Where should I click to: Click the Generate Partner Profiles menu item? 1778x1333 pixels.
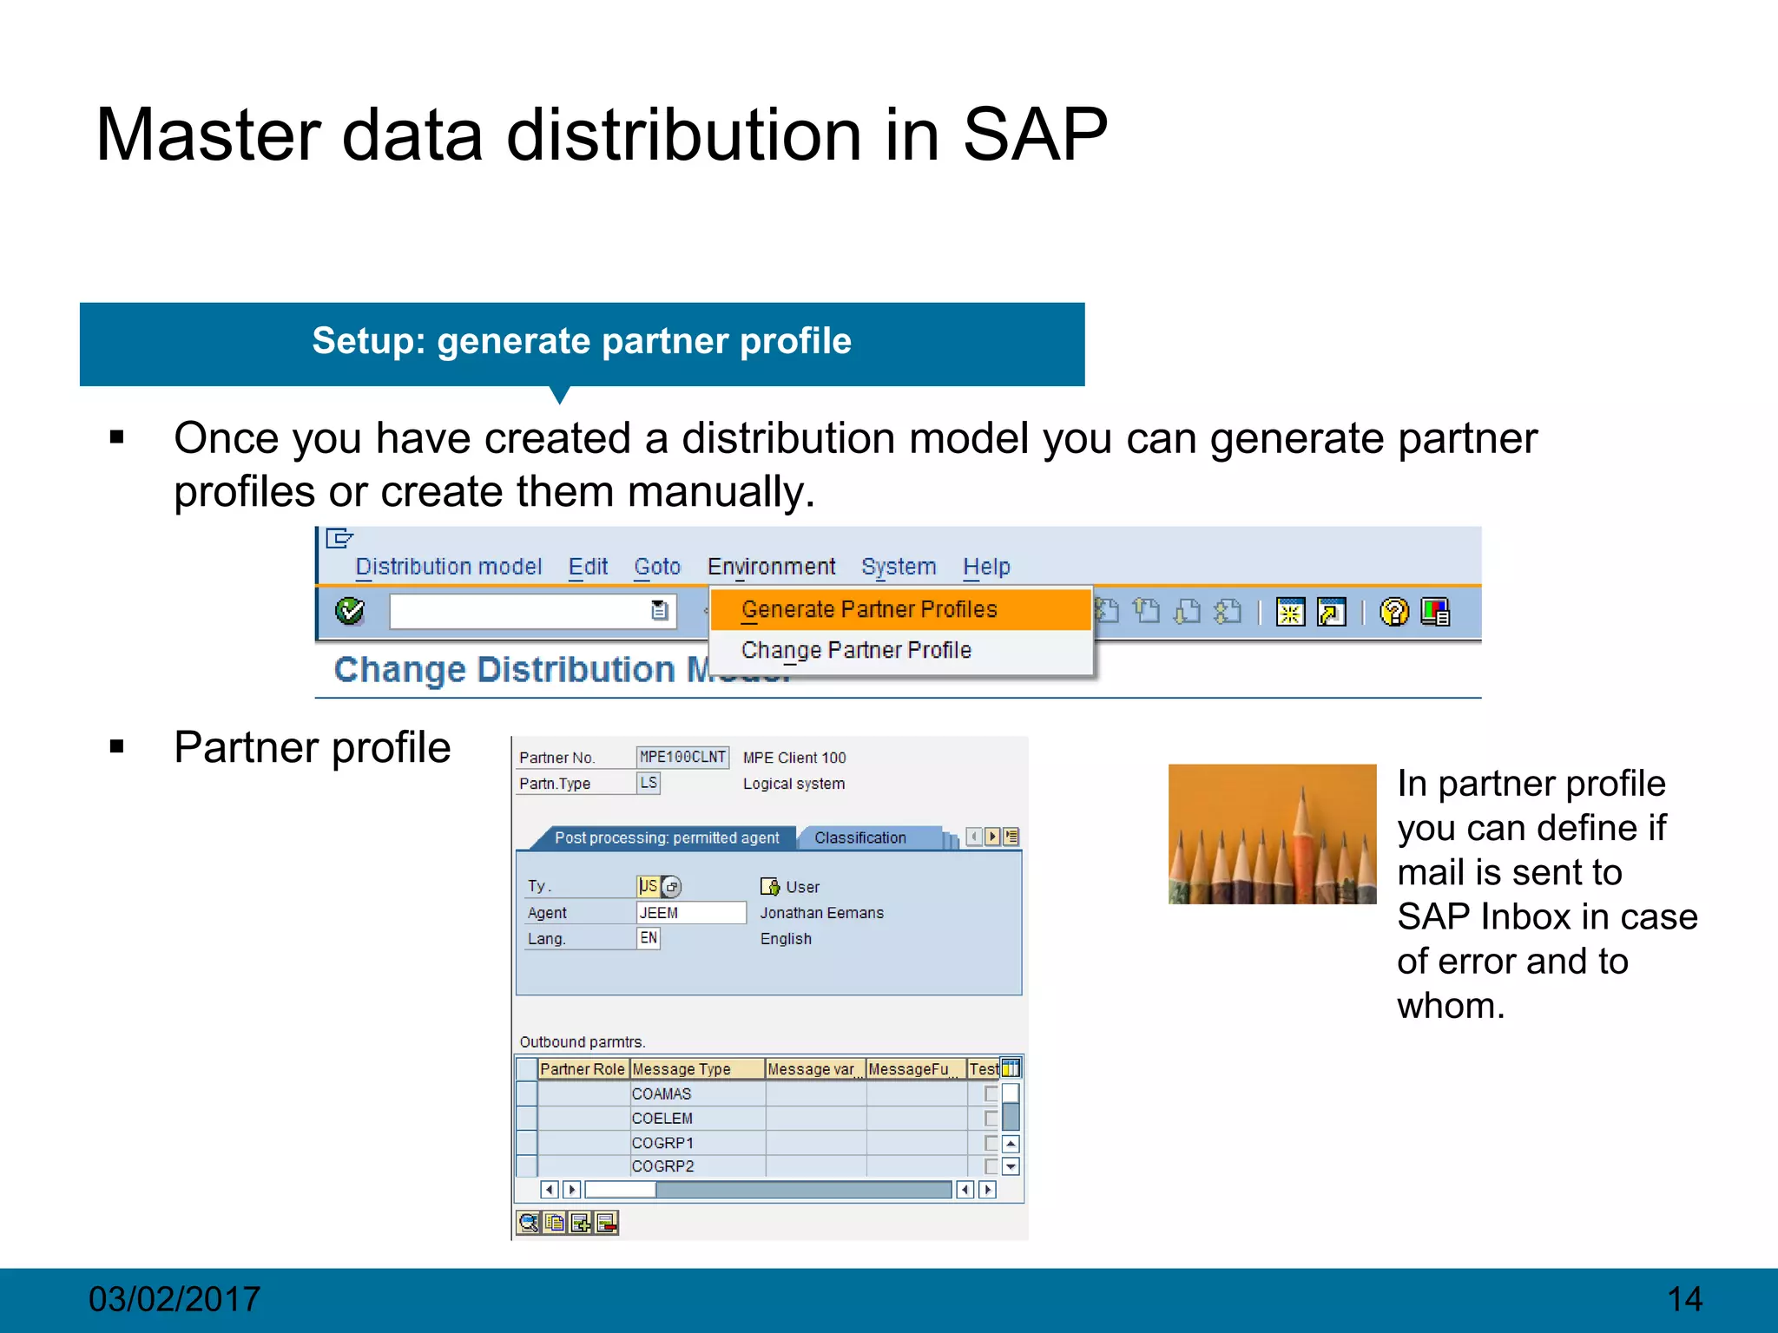869,609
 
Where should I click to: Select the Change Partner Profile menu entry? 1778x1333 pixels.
856,650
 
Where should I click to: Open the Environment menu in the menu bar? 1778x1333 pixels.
771,567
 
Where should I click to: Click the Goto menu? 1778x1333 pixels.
657,567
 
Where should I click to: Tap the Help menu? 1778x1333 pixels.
986,567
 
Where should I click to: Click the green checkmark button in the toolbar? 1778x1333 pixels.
350,611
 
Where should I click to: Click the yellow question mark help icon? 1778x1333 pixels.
1393,612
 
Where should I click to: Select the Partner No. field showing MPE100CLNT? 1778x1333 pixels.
682,757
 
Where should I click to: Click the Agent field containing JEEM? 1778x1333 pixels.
690,912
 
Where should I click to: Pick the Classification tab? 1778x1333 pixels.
860,837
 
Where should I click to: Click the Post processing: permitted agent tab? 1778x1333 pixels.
667,837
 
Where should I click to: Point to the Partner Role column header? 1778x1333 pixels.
582,1069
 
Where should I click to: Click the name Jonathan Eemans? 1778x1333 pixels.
821,913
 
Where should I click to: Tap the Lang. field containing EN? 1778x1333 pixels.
649,938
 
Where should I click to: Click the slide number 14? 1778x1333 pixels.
1684,1299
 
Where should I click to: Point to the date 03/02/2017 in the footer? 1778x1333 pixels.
174,1299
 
